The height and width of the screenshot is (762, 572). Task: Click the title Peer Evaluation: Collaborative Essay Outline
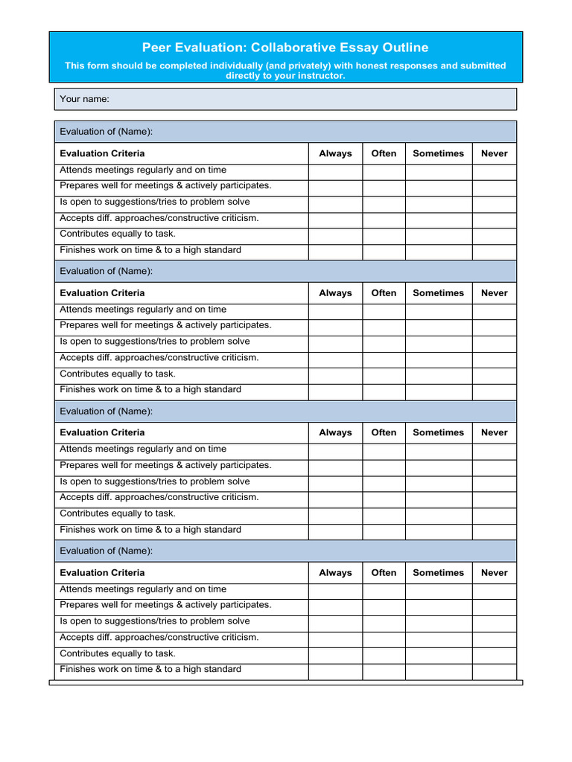[285, 48]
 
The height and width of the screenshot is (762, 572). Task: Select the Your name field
[285, 99]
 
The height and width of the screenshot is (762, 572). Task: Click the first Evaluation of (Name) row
[285, 132]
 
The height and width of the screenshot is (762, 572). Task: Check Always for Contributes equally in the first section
[335, 234]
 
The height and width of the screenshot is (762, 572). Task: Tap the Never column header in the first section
[494, 153]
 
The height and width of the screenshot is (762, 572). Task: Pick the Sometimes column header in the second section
[438, 293]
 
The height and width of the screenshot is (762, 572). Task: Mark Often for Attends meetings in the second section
[384, 310]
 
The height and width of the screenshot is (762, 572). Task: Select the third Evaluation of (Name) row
[285, 412]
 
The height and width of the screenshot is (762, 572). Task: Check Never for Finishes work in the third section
[494, 531]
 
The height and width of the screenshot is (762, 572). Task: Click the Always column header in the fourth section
[335, 573]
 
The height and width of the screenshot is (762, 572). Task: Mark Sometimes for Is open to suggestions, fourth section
[438, 622]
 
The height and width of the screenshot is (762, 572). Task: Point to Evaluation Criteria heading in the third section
[102, 432]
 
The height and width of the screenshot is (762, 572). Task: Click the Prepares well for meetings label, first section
[165, 186]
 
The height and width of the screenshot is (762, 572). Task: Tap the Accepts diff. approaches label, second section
[159, 358]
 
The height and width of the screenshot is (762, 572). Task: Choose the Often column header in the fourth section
[384, 573]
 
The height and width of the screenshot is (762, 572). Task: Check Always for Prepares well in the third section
[335, 466]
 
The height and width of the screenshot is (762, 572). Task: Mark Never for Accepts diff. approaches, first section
[494, 219]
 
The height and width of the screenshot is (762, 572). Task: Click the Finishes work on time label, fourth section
[150, 670]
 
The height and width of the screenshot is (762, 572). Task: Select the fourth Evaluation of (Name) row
[285, 551]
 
